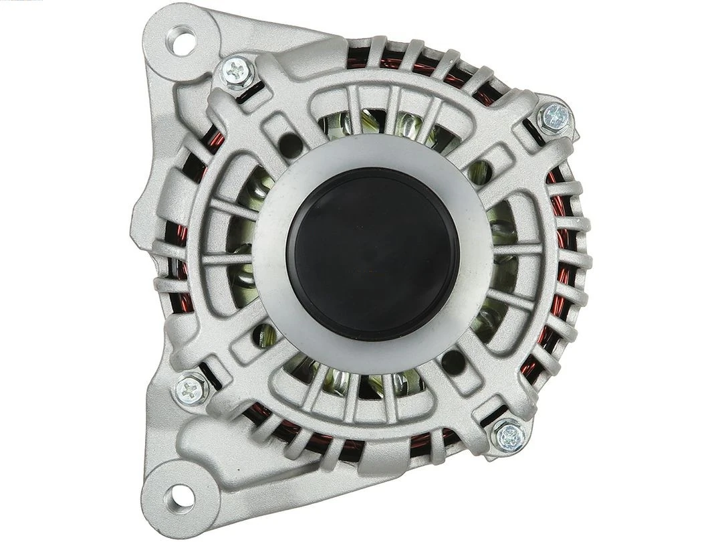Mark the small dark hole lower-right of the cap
tap(458, 357)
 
